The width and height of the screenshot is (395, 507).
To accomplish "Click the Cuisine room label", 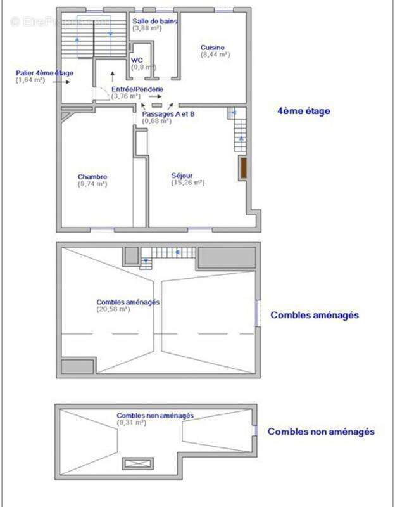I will (x=213, y=48).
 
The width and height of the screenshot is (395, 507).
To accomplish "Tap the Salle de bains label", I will (x=155, y=21).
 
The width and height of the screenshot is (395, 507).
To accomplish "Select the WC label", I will (x=137, y=60).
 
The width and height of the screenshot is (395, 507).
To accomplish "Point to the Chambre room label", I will (x=92, y=177).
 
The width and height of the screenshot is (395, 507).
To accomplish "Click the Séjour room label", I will (x=182, y=176).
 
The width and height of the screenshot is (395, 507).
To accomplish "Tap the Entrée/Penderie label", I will (x=137, y=89).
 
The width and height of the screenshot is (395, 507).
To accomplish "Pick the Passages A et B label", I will (x=168, y=113).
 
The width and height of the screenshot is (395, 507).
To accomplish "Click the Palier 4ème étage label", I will (x=44, y=73).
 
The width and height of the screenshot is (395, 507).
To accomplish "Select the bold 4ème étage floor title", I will (x=304, y=111).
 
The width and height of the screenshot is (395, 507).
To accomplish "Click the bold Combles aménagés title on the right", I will (x=315, y=314).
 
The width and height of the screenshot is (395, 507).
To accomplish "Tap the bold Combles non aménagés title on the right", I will (x=321, y=432).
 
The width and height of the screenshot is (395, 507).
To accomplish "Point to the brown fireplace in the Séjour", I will (x=242, y=169).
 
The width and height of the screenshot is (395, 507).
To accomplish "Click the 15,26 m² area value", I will (x=188, y=183).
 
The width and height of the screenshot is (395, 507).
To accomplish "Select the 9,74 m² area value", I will (x=92, y=184).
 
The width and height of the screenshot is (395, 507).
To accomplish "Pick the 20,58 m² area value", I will (x=114, y=309).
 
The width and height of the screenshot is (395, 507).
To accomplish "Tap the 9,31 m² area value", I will (x=131, y=422).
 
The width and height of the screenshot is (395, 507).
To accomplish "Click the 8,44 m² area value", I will (x=215, y=55).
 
